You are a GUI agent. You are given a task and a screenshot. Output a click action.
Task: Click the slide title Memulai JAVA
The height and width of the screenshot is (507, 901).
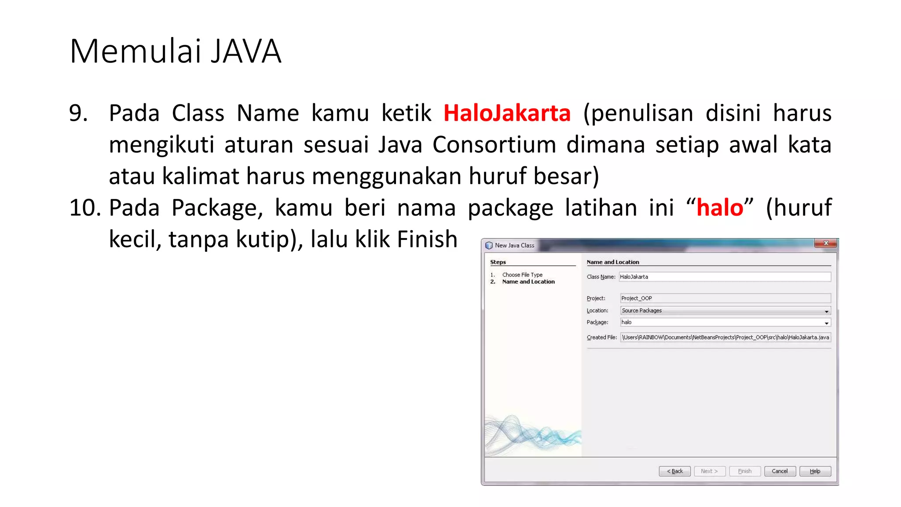tap(175, 51)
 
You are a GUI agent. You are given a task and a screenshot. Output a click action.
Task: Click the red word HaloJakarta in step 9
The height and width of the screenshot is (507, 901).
tap(507, 113)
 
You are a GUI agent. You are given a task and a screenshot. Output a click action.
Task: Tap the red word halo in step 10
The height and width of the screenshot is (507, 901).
tap(720, 208)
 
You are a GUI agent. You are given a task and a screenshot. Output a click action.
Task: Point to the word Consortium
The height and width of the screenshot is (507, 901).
tap(494, 145)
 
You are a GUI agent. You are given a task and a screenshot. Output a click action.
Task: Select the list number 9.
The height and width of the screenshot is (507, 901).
tap(78, 113)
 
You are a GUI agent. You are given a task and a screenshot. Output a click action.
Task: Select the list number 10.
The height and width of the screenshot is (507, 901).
tap(85, 208)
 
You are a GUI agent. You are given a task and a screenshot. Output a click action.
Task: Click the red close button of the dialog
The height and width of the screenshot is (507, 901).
tap(826, 243)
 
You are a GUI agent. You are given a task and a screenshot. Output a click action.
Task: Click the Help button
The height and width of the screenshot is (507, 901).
tap(815, 471)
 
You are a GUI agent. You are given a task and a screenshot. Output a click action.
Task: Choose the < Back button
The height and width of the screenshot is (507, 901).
tap(674, 471)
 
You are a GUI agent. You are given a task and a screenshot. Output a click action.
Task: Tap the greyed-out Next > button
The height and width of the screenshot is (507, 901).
tap(709, 471)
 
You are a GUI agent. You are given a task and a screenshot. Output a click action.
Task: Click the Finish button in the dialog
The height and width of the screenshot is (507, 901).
tap(744, 471)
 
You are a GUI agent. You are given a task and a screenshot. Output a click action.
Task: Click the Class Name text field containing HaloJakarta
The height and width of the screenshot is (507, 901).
tap(725, 277)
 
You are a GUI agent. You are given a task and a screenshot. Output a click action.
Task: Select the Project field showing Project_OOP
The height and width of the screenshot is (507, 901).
tap(725, 298)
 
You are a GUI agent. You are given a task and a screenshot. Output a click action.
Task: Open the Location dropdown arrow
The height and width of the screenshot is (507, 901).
tap(826, 311)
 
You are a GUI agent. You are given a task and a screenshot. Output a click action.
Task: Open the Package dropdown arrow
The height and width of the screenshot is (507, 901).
tap(826, 323)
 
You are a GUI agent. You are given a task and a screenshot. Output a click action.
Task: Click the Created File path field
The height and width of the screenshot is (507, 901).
tap(725, 338)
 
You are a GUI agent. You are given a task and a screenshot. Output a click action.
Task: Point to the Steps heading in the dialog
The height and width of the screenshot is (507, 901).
tap(498, 262)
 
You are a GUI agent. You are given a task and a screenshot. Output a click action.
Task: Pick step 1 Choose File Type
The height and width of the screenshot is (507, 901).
tap(522, 275)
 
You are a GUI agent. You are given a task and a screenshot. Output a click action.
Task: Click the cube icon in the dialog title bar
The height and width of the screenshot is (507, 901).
tap(489, 246)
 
